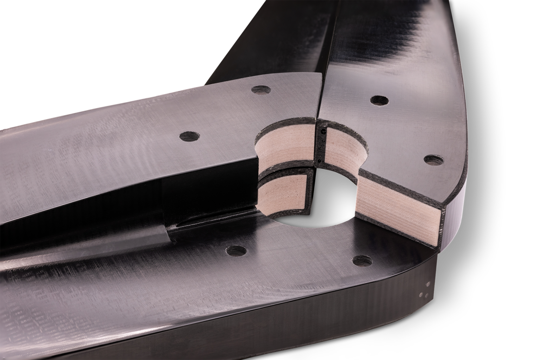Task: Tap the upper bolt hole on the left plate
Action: click(261, 90)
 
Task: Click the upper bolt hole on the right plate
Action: click(379, 100)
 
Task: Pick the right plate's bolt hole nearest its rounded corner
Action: click(433, 160)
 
